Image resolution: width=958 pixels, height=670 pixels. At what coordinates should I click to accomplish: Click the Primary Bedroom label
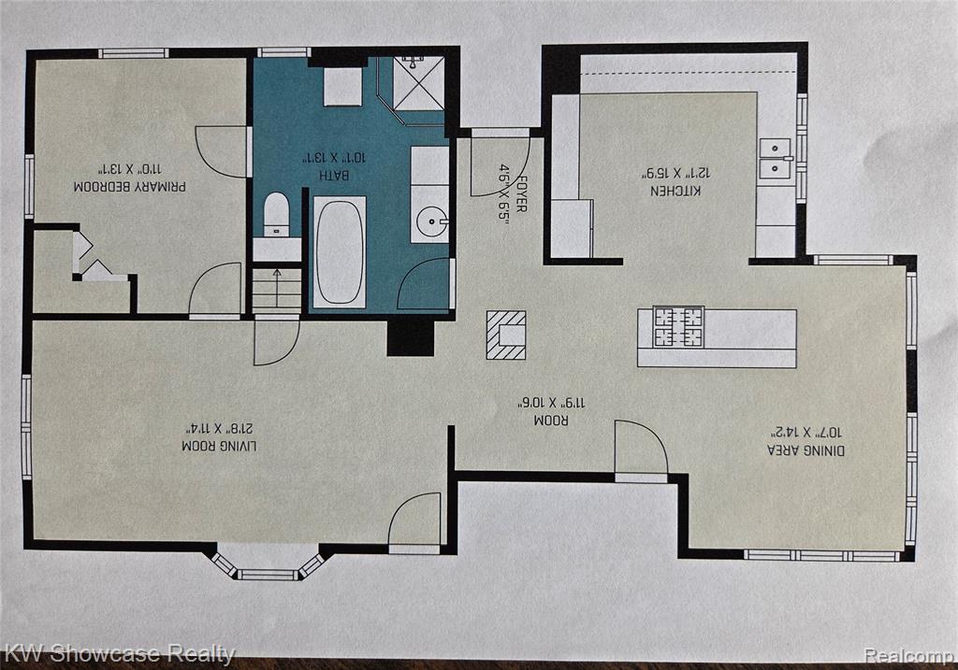129,187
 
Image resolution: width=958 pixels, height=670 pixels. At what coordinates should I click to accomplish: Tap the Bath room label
335,175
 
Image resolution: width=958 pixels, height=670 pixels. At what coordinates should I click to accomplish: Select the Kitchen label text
675,191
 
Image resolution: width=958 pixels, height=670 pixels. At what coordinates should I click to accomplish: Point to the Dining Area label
806,450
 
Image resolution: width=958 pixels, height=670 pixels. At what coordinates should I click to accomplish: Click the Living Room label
219,446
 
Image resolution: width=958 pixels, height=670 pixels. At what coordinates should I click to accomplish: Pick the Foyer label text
521,194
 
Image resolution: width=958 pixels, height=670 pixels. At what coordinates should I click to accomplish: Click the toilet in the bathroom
276,214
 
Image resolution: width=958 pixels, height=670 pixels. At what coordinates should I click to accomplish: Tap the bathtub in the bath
340,252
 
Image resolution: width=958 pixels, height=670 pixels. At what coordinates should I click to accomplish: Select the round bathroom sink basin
432,220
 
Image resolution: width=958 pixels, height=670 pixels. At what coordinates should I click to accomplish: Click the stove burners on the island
678,327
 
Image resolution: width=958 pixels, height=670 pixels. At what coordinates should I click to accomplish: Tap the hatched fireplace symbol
506,335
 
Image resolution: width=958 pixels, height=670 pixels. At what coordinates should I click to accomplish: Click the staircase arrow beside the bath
277,286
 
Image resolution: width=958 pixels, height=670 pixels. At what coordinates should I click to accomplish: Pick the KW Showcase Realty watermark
118,653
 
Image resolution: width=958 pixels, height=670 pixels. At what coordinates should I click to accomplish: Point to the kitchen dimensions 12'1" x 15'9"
675,174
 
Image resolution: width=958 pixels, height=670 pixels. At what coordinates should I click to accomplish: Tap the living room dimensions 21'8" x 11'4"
218,428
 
